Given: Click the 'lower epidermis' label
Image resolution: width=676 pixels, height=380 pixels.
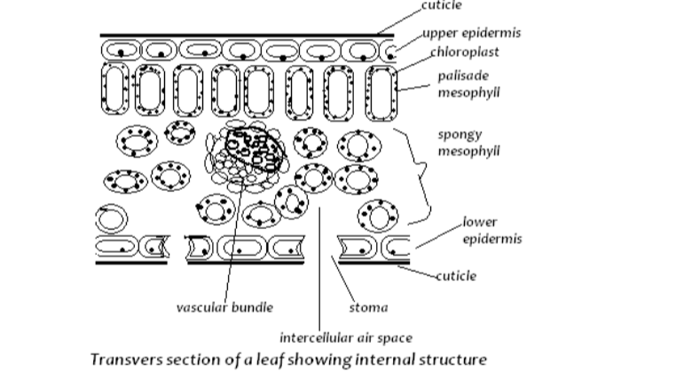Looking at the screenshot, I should point(491,230).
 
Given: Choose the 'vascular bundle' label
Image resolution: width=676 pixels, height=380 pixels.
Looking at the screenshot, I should point(224,307).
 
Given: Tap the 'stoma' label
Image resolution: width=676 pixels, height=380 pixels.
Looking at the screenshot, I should point(368,308).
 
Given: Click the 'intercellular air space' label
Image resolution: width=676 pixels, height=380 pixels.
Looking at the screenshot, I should point(345,337).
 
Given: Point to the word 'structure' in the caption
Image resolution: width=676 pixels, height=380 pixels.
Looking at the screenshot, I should point(450,360).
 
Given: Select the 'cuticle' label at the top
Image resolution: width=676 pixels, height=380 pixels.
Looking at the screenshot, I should point(443,5).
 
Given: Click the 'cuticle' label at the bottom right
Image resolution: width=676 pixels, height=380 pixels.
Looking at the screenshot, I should point(455,275).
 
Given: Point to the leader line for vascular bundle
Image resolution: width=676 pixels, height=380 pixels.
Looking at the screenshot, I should point(229,257).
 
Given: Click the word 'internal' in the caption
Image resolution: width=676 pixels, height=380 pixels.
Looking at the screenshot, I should point(386,360).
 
